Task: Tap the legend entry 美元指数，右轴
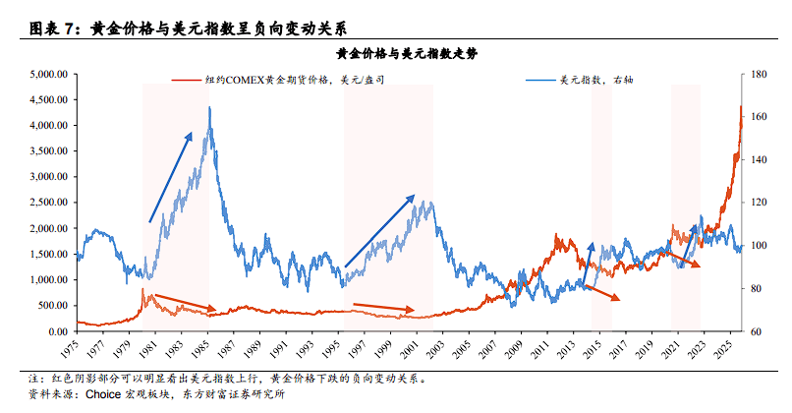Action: point(595,80)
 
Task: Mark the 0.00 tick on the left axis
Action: point(55,331)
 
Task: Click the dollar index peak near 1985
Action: point(210,107)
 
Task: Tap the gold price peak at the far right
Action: point(740,106)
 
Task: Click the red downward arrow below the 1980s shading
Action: point(181,301)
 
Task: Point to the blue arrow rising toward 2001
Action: point(378,230)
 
